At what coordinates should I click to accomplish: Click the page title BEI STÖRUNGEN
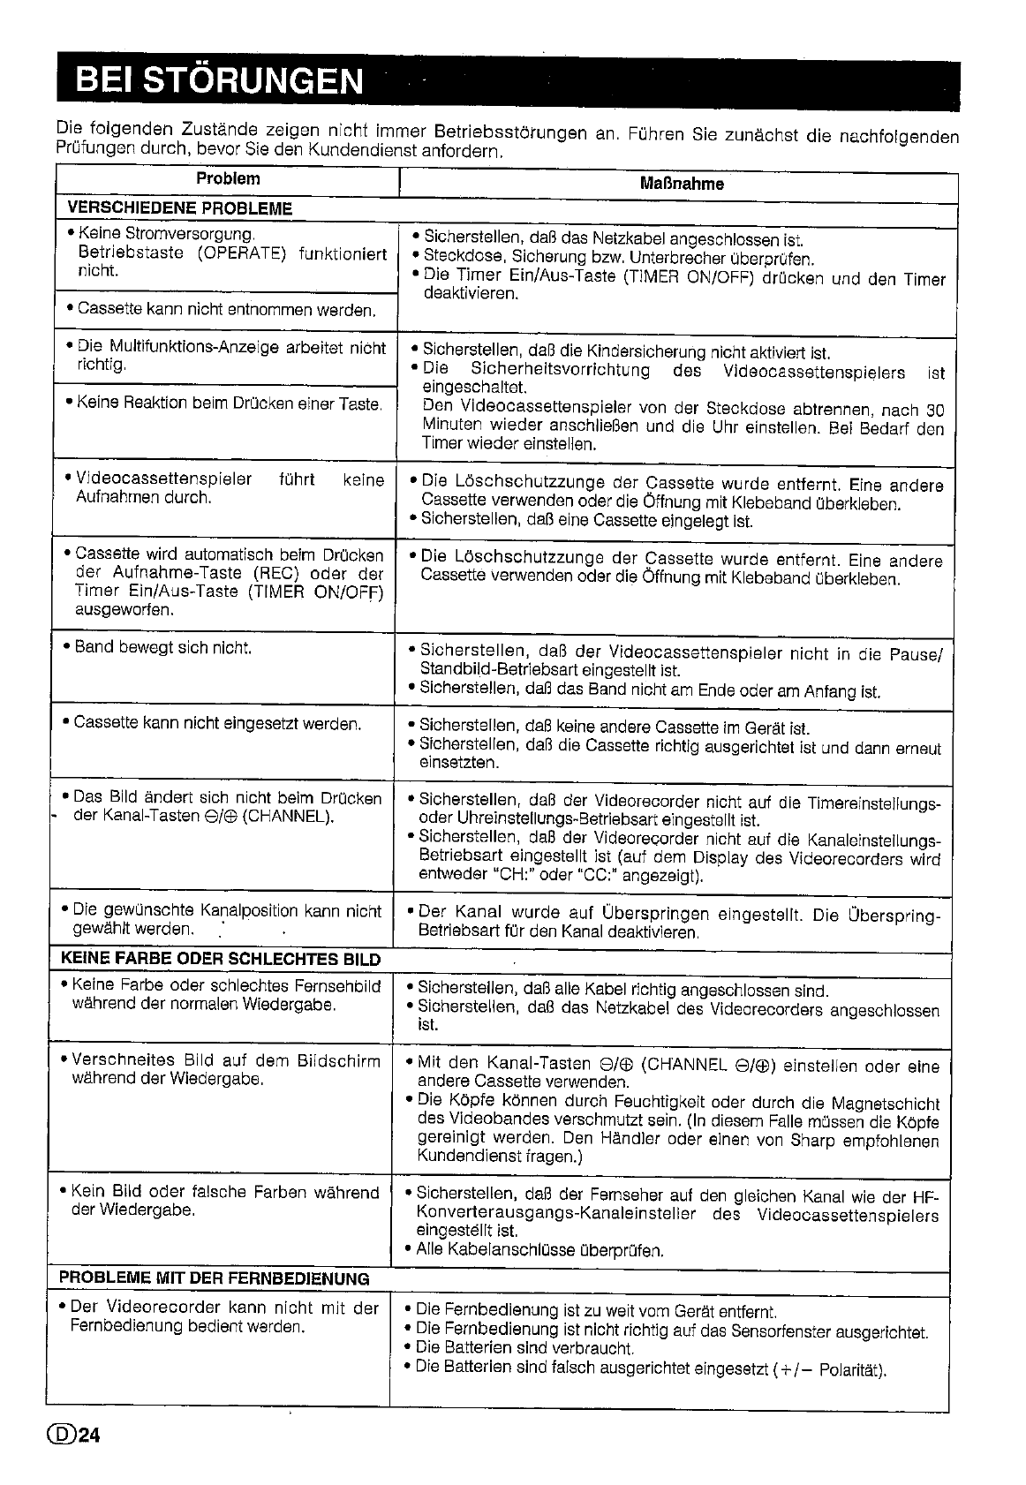[x=219, y=80]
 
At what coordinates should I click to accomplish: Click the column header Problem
[x=228, y=179]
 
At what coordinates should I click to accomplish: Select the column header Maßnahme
[x=681, y=184]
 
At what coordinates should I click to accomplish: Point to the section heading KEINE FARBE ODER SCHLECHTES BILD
[x=221, y=960]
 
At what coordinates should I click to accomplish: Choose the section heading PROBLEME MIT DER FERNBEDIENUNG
[x=214, y=1278]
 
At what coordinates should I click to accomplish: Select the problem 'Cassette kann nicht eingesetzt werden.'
[x=217, y=724]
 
